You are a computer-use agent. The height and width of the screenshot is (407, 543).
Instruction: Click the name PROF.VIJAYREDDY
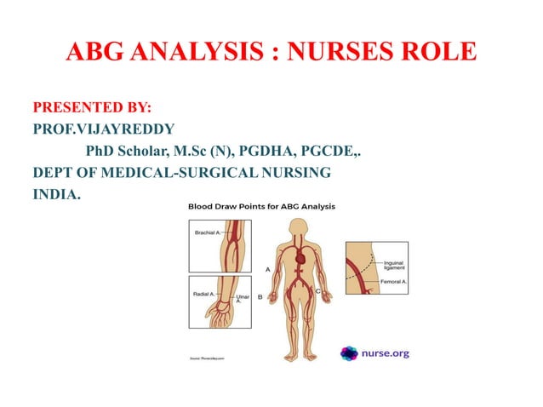tap(104, 130)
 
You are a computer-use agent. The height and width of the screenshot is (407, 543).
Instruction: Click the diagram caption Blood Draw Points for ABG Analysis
tap(261, 206)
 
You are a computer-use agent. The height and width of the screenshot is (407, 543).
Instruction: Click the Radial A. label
tap(205, 294)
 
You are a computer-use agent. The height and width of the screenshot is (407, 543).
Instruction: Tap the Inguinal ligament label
tap(395, 266)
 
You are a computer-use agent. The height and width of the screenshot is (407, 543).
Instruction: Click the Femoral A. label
tap(393, 279)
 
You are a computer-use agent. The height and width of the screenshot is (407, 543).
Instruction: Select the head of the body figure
tap(298, 227)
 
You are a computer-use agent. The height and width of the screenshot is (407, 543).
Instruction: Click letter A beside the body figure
tap(268, 268)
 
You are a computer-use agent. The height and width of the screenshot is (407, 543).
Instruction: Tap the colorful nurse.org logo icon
tap(349, 353)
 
